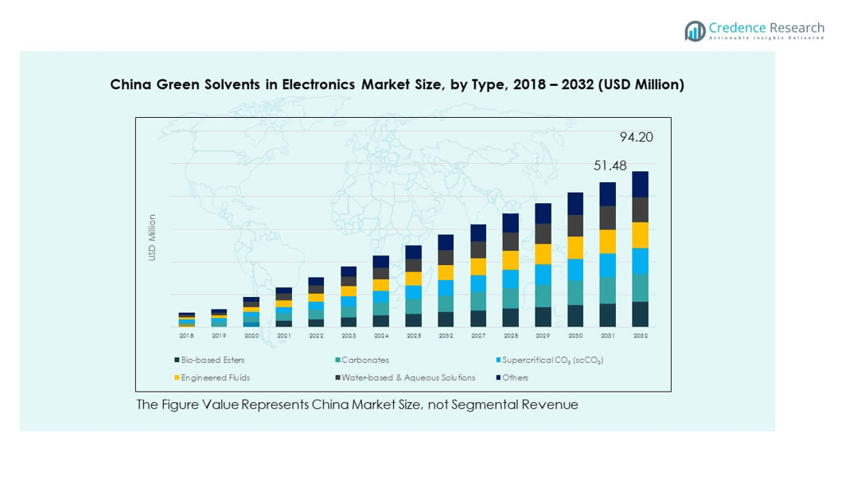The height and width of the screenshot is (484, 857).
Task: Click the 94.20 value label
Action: coord(636,137)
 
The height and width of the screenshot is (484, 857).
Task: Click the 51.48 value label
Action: coord(610,166)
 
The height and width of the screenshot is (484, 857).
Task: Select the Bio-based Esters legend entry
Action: coord(212,361)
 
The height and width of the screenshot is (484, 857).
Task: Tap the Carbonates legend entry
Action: coord(365,361)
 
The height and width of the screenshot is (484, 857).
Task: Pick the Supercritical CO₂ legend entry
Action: coord(551,361)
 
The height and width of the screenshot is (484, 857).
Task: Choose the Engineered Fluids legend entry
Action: coord(215,378)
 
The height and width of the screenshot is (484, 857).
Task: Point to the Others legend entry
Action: coord(515,378)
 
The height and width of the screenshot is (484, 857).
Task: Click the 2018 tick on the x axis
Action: coord(186,336)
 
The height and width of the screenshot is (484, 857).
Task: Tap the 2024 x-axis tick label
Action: coord(381,336)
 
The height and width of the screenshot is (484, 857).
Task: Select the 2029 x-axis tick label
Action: coord(543,336)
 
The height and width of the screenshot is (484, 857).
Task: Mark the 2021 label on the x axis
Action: coord(283,336)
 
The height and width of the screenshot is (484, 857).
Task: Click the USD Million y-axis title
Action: coord(152,237)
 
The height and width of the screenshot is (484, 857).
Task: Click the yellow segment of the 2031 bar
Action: coord(608,241)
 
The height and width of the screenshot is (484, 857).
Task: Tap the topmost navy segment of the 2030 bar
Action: coord(575,204)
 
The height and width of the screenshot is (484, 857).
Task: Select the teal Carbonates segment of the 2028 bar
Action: coord(511,298)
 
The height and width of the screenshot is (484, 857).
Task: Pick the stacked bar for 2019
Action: coord(219,318)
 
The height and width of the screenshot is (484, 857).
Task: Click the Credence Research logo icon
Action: coord(695,31)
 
